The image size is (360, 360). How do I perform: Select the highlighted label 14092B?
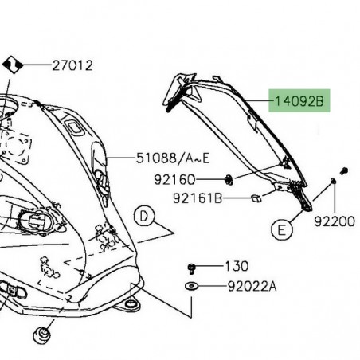299,101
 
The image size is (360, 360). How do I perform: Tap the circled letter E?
280,231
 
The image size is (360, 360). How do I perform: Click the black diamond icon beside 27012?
12,64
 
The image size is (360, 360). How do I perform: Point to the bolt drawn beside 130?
192,267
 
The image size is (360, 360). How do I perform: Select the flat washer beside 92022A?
192,284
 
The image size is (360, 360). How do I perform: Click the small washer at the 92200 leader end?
332,183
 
